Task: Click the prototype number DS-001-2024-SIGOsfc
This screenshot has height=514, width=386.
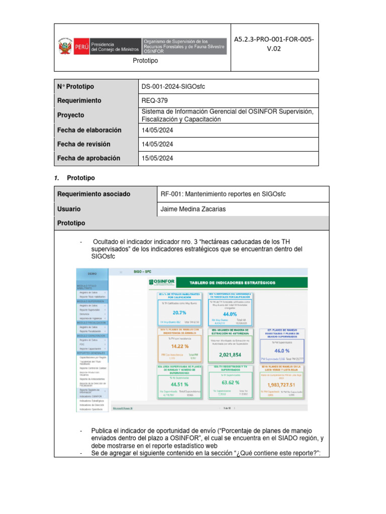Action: (173, 87)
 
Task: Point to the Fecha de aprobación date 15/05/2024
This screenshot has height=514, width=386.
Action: (158, 158)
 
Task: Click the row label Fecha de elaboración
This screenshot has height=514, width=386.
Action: (89, 130)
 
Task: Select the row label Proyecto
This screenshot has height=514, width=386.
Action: (71, 115)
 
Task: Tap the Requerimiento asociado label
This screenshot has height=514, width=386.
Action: (94, 194)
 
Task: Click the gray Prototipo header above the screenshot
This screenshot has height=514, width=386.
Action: (71, 223)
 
